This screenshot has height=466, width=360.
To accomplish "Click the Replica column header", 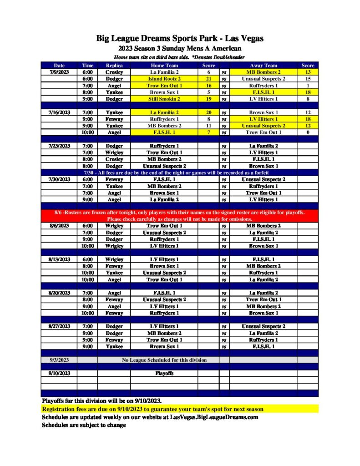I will point(114,66).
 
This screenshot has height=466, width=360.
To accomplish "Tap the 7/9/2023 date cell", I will point(59,72).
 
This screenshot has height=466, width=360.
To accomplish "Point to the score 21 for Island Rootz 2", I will point(208,79).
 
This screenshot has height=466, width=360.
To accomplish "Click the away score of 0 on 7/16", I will point(308,132).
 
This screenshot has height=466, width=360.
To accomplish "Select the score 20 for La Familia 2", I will point(208,112).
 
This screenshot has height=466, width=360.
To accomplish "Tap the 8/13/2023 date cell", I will point(59,259).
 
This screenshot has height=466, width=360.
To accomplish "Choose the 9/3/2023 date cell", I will point(59,360).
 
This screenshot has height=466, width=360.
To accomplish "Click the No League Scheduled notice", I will point(164,360).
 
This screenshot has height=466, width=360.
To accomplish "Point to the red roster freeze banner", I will point(180,216).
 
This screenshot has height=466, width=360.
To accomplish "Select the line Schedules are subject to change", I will point(84,425).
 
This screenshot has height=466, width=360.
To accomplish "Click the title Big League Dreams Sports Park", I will point(180,39).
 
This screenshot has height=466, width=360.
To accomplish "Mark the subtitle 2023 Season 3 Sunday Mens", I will point(180,49).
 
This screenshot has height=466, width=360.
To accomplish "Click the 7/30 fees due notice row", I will point(180,173).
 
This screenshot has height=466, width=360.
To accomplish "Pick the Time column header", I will point(87,66).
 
